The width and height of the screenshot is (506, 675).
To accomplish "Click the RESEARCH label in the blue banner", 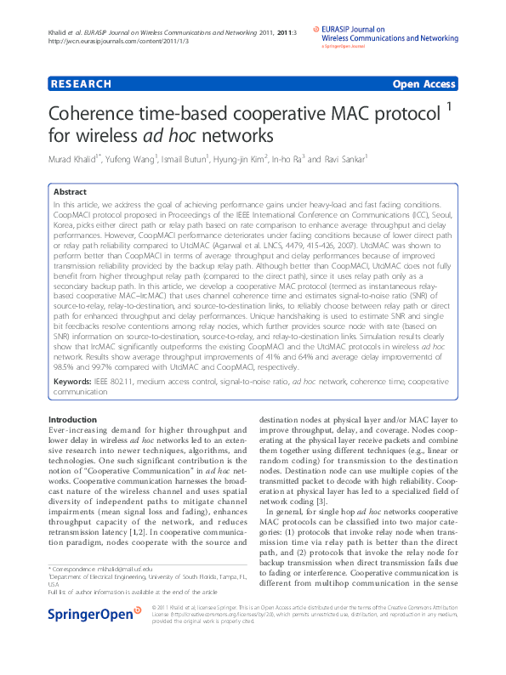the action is (x=82, y=84).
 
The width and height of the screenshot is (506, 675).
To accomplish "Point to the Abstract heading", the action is (x=70, y=192).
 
